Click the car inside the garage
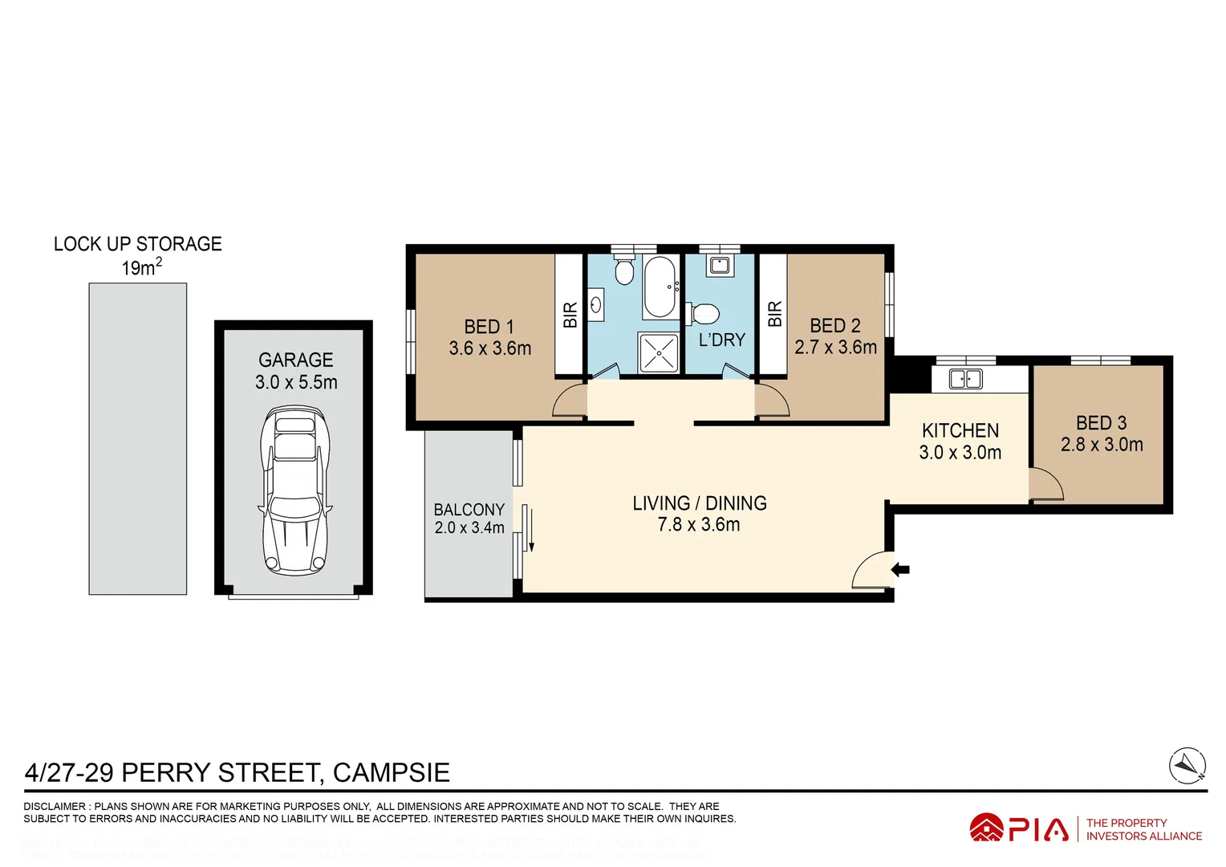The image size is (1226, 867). (295, 490)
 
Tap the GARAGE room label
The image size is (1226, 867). (295, 360)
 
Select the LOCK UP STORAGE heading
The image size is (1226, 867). (137, 244)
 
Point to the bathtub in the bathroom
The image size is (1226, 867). (660, 288)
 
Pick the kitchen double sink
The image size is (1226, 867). (965, 379)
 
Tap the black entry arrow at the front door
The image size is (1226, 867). (900, 570)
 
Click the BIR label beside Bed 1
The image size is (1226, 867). (570, 315)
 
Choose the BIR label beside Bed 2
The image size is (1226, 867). (774, 314)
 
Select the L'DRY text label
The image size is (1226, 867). (721, 340)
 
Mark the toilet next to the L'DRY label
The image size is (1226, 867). (704, 313)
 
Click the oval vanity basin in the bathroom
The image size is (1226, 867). (596, 305)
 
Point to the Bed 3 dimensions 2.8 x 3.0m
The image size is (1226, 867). (1102, 445)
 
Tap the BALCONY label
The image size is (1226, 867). (469, 510)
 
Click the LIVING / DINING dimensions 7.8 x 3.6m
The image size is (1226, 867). (698, 525)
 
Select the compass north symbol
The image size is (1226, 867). (1187, 765)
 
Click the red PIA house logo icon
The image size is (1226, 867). (986, 828)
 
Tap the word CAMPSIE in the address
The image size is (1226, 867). (391, 772)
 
